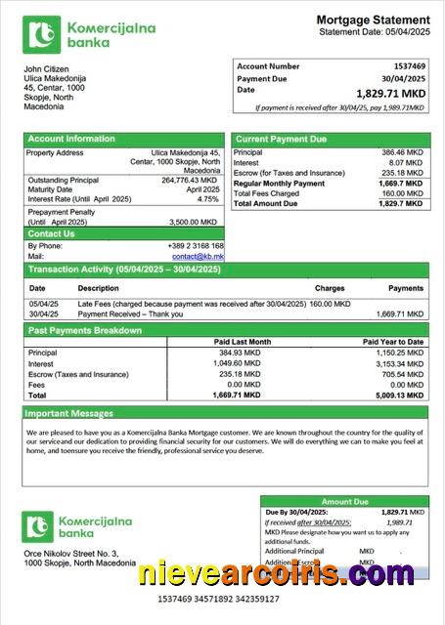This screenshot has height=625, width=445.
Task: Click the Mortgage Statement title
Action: pos(373,20)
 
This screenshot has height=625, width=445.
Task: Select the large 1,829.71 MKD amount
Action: pos(391,93)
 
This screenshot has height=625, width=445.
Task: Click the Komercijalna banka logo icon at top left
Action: pos(41,35)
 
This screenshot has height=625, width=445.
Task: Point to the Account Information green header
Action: pos(71,139)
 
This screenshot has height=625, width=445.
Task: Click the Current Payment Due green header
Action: pos(281,139)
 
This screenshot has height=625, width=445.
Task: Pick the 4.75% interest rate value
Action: pos(207,199)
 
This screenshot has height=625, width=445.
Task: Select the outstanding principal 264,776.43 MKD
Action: pos(190,180)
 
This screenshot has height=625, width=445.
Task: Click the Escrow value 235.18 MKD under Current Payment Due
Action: pos(402,173)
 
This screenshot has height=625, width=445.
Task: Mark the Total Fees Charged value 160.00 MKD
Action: pos(402,193)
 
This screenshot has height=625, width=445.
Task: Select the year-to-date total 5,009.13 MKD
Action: pos(398,396)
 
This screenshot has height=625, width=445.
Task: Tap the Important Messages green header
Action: pos(70,413)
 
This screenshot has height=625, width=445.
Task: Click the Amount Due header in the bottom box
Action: pos(344,501)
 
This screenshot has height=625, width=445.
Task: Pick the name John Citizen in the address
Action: pos(45,69)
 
